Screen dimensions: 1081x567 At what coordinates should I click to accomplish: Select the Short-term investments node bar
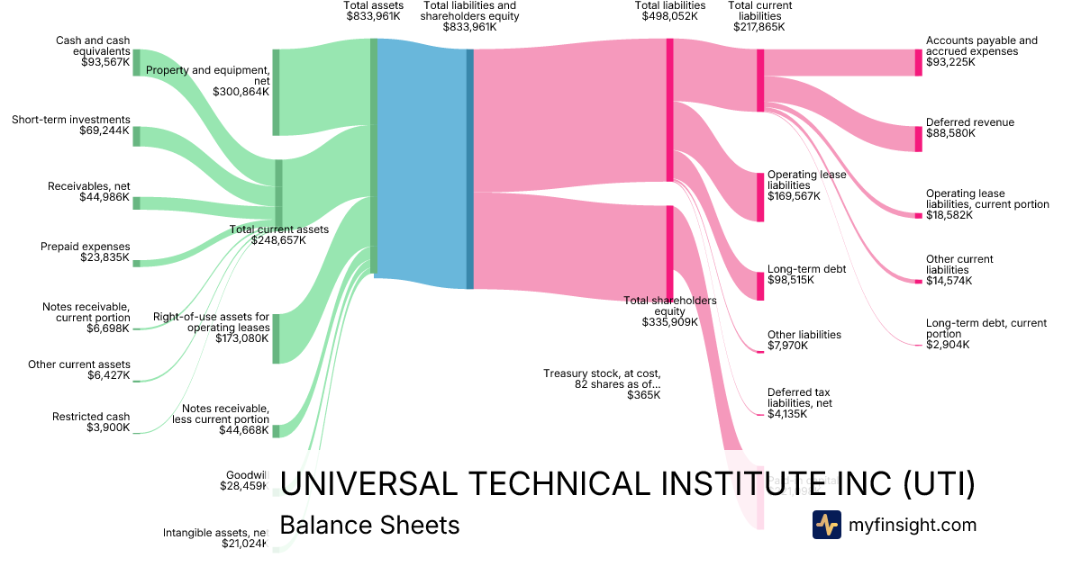[x=137, y=136]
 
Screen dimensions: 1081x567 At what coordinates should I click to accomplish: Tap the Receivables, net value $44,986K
[x=104, y=198]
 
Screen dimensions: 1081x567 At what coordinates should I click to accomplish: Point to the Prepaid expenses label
[x=86, y=247]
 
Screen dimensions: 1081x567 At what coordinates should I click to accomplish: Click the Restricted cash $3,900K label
[x=91, y=422]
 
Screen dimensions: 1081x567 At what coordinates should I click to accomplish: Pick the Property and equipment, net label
[x=208, y=80]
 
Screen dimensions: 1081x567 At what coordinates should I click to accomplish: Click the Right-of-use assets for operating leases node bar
[x=276, y=338]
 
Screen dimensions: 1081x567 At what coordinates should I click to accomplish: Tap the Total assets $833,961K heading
[x=372, y=11]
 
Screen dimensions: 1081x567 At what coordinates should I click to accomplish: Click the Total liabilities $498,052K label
[x=669, y=11]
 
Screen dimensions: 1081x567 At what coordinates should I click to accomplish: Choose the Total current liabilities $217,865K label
[x=759, y=16]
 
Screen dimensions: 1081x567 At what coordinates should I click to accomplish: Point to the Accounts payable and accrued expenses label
[x=981, y=51]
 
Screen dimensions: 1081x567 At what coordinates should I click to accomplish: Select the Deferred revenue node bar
[x=919, y=139]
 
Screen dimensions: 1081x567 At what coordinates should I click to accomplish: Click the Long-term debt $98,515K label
[x=806, y=274]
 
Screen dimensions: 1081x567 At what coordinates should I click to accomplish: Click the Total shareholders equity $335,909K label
[x=670, y=310]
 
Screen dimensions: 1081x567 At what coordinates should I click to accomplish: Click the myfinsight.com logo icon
[x=826, y=525]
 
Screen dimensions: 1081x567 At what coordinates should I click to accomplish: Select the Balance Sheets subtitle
[x=369, y=526]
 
